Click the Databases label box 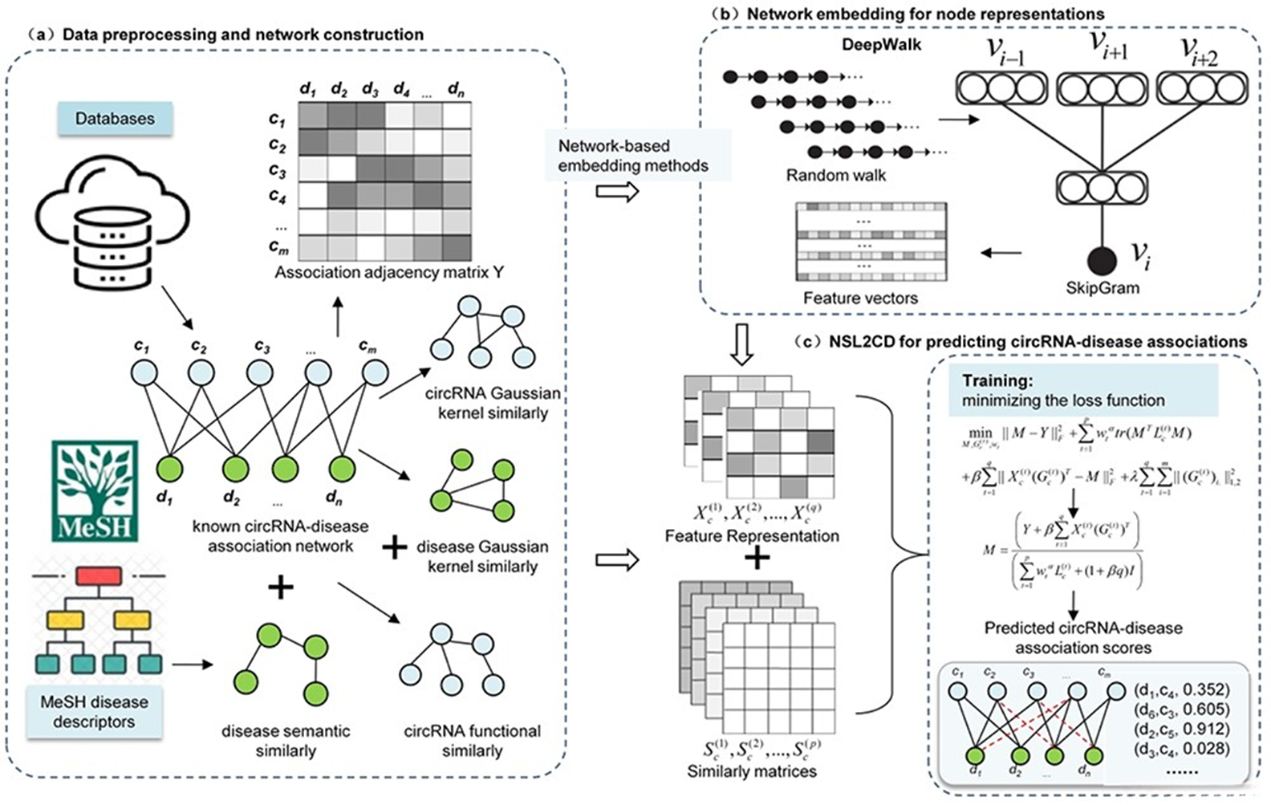[115, 119]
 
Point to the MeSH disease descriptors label [94, 712]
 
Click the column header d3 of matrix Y [369, 89]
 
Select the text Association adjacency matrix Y [389, 273]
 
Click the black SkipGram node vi [1102, 260]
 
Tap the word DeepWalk [881, 45]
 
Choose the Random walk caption [836, 176]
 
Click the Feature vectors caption [860, 299]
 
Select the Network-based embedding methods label [633, 157]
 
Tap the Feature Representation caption [752, 536]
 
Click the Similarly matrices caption [752, 771]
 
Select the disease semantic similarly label [286, 741]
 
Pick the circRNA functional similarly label [472, 741]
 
